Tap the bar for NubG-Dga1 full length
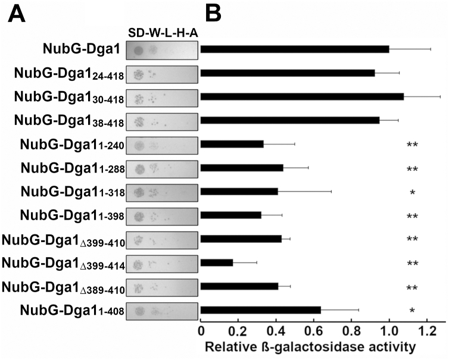295,49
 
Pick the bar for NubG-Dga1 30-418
302,96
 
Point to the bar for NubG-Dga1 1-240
232,144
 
